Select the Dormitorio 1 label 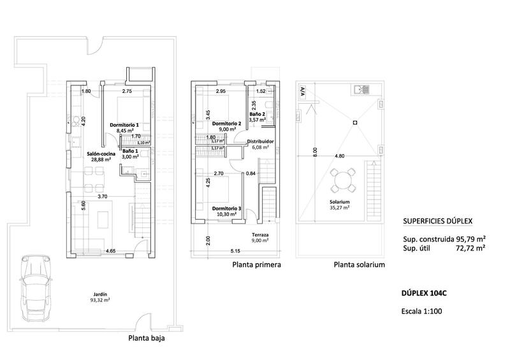click(124, 125)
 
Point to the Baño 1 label click(131, 151)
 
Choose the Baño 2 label click(257, 113)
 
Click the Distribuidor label click(260, 141)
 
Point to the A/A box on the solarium click(302, 92)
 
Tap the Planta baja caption click(147, 339)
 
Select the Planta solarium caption click(359, 264)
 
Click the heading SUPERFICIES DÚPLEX click(437, 221)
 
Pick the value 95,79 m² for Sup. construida click(469, 238)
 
